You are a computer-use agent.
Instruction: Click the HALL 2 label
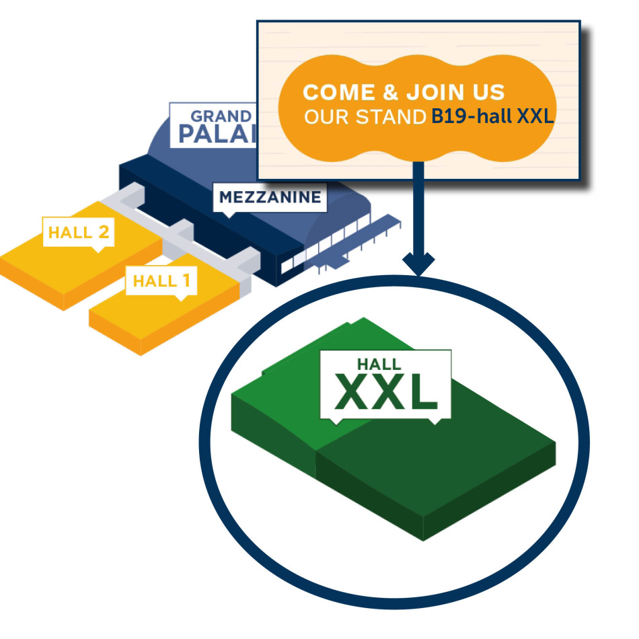click(78, 233)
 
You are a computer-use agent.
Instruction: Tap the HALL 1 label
click(161, 280)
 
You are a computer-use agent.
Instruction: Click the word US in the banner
click(487, 92)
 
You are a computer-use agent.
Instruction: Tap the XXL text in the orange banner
click(535, 116)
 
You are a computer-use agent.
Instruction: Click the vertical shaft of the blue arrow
click(418, 209)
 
